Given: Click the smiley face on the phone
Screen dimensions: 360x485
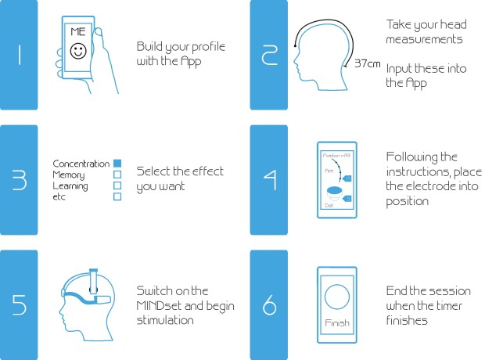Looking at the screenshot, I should coord(78,52).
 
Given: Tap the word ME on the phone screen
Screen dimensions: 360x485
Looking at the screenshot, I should coord(78,32).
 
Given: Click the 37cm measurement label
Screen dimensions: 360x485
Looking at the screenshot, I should coord(367,63).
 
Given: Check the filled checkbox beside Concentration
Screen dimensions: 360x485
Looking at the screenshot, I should coord(117,164).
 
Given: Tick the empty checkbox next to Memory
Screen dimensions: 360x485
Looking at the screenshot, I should coord(117,175).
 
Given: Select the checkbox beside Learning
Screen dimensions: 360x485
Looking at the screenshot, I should coord(117,185).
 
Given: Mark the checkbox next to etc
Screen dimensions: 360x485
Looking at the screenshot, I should coord(117,196).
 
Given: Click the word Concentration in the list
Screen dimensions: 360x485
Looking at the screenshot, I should coord(81,164).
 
